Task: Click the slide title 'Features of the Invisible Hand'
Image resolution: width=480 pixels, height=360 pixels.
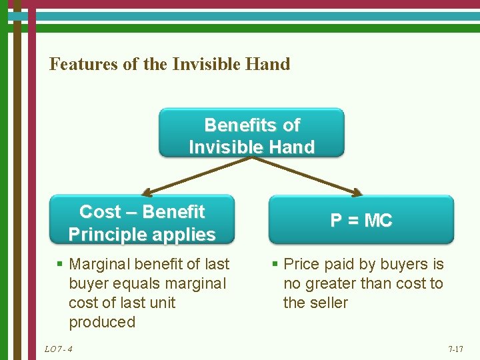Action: tap(170, 65)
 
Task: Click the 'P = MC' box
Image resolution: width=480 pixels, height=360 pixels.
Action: tap(361, 221)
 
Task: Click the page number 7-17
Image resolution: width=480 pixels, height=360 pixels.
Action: tap(456, 349)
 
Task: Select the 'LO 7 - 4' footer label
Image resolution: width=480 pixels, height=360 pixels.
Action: tap(59, 349)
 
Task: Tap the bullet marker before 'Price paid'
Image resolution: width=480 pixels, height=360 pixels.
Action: tap(275, 265)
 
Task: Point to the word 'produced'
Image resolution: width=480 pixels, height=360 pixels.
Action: tap(101, 322)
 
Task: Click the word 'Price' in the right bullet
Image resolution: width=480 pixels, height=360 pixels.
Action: tap(301, 264)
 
